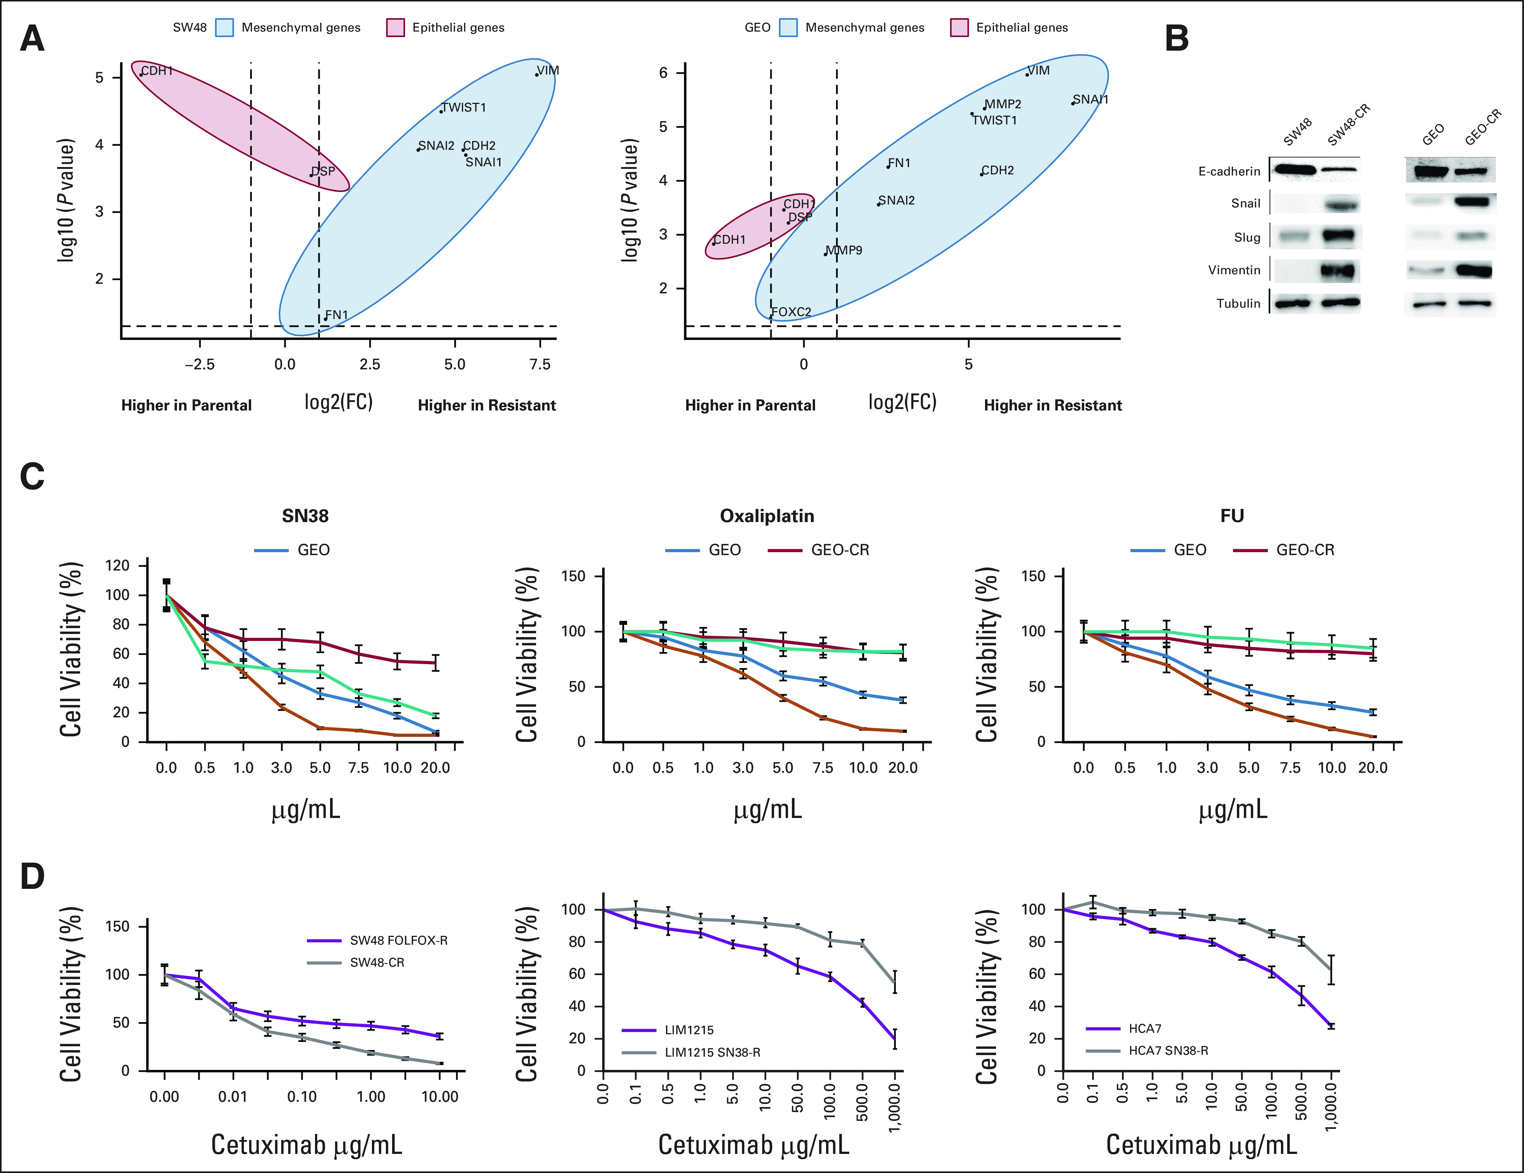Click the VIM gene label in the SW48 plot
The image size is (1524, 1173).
(x=548, y=70)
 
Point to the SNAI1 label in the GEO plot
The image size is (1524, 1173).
(x=1091, y=99)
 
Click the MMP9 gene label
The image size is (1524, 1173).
(x=844, y=250)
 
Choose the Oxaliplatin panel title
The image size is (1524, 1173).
(x=767, y=516)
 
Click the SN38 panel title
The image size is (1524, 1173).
(x=305, y=516)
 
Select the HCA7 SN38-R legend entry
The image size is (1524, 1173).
(x=1168, y=1050)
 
